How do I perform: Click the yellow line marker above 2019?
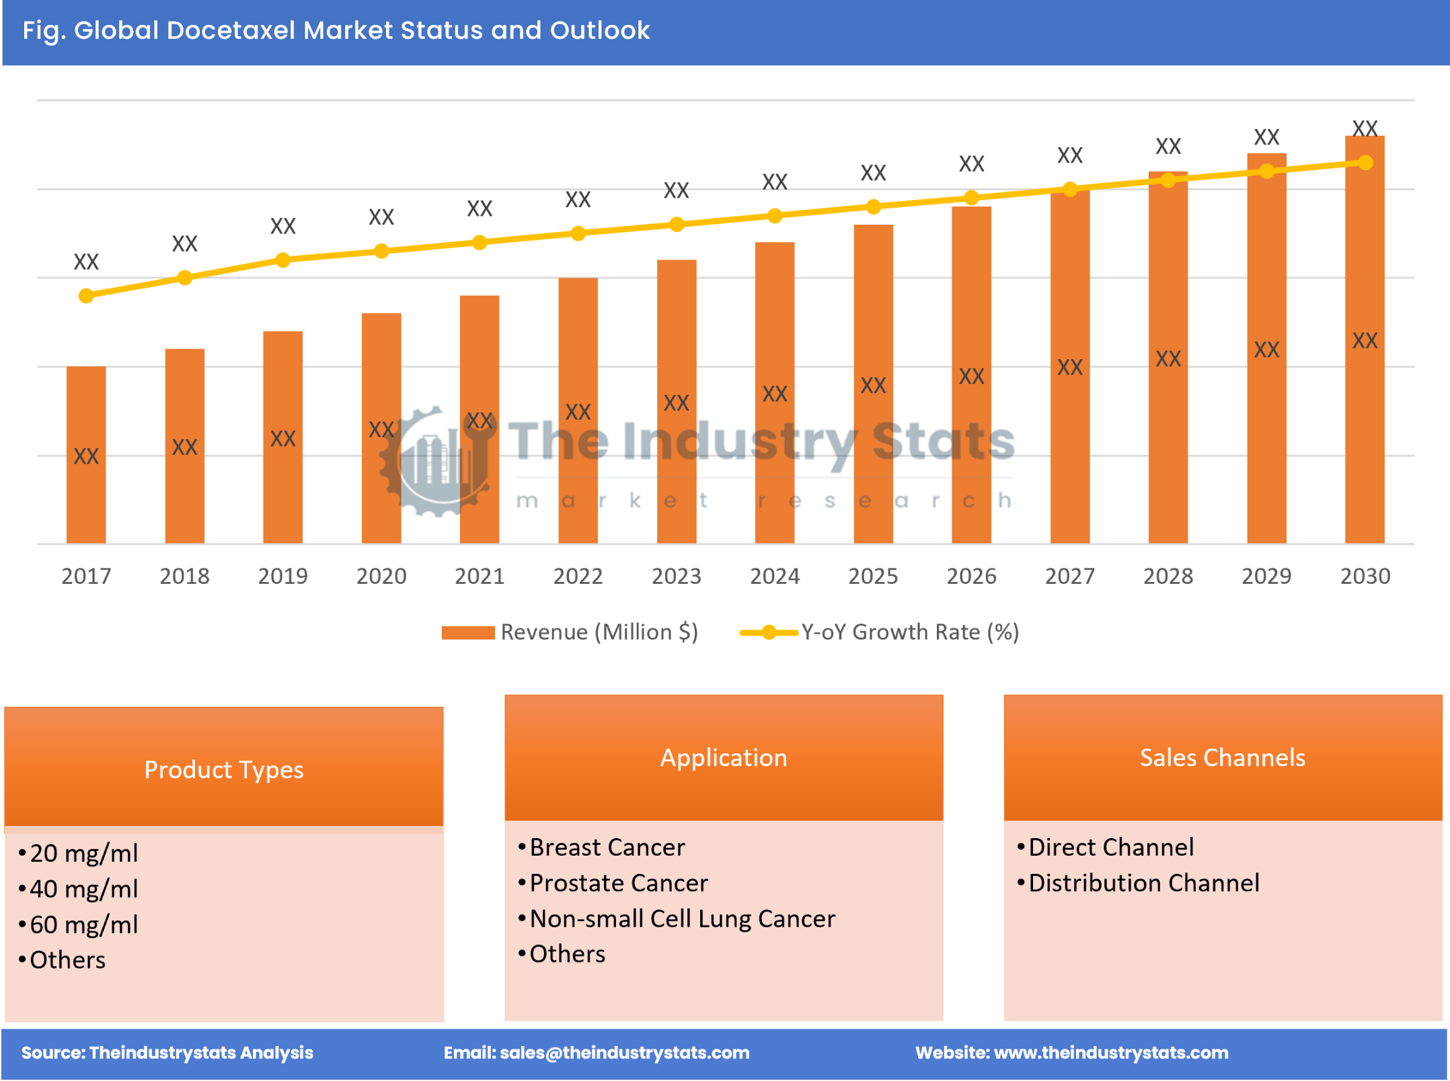(x=283, y=260)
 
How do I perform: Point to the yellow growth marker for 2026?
(x=971, y=198)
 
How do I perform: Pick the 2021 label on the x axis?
(x=480, y=576)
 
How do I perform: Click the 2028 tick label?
(x=1168, y=576)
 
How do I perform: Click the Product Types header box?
(x=224, y=770)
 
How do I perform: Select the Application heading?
(x=724, y=757)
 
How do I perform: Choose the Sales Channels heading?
(x=1222, y=757)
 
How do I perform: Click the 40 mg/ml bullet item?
(x=83, y=889)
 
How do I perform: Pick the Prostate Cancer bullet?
(x=619, y=883)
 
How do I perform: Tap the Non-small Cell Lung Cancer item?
(x=682, y=919)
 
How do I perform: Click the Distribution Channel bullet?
(x=1143, y=883)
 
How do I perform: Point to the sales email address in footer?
(x=624, y=1053)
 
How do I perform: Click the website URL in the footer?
(x=1111, y=1053)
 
